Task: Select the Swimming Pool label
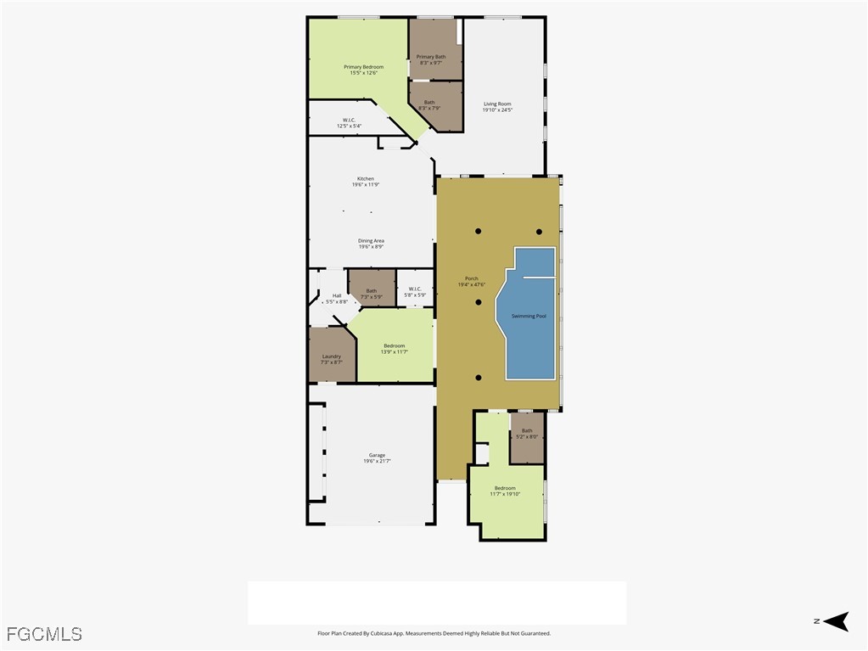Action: point(529,316)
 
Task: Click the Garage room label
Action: point(377,458)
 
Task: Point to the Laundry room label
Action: point(331,359)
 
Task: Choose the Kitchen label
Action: point(365,182)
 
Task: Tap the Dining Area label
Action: point(371,244)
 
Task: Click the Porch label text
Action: point(471,282)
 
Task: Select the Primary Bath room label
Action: point(430,59)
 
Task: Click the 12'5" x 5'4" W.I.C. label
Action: point(349,123)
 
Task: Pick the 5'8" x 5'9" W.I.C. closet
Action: point(415,291)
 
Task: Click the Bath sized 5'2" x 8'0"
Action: point(527,434)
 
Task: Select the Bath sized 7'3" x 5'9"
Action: point(371,294)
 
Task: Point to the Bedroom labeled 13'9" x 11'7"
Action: point(394,348)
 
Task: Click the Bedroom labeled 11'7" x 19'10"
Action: point(505,491)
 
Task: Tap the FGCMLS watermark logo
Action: point(44,634)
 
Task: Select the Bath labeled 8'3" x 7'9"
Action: point(429,105)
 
